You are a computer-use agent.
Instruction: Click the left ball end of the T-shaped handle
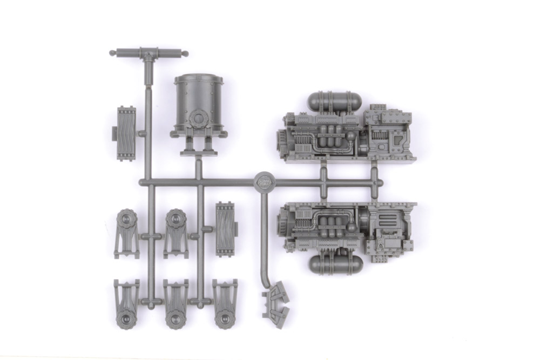[x=112, y=53]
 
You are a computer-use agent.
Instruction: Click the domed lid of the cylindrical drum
[x=199, y=79]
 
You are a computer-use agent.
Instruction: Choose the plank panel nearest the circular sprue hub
[x=225, y=229]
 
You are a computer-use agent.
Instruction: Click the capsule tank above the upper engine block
[x=335, y=101]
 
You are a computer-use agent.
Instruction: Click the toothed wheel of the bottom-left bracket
[x=127, y=317]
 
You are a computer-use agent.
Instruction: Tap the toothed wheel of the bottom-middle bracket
[x=175, y=317]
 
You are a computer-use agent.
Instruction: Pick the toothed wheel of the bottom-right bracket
[x=224, y=317]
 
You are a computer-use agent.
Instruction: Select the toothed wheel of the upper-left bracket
[x=127, y=219]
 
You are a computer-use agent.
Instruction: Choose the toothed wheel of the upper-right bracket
[x=176, y=219]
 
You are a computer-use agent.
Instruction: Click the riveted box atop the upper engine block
[x=389, y=119]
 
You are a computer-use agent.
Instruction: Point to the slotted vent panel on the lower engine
[x=389, y=220]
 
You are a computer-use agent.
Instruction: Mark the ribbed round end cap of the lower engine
[x=282, y=223]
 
